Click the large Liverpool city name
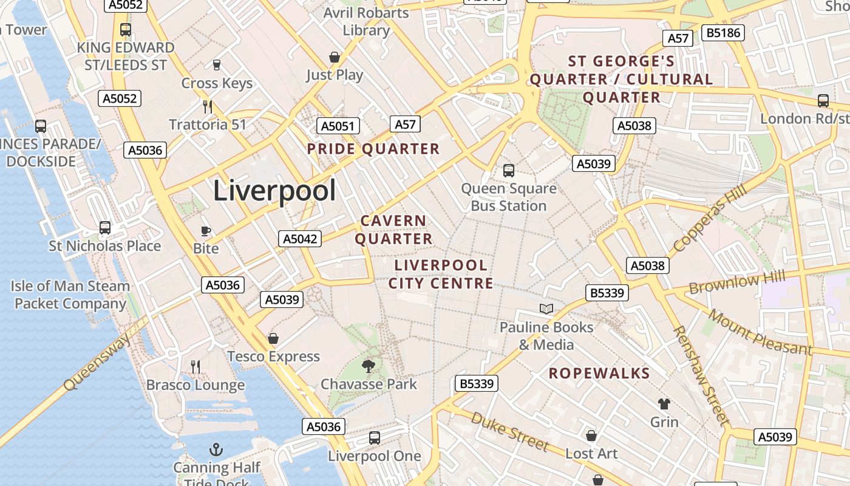point(274,191)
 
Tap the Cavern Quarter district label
point(393,230)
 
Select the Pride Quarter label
point(373,149)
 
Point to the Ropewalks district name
point(599,373)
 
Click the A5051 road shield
point(338,126)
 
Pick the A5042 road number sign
point(301,239)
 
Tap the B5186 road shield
point(723,32)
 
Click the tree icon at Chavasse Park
point(368,366)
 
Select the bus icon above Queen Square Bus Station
point(509,171)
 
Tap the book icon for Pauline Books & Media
point(546,309)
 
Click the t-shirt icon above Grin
point(664,403)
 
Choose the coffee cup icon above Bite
point(206,231)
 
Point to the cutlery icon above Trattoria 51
point(208,107)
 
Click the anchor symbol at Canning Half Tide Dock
point(216,450)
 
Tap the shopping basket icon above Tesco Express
point(273,338)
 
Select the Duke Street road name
point(509,431)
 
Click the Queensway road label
point(97,362)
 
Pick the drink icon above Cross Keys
point(216,64)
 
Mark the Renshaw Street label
point(701,375)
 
